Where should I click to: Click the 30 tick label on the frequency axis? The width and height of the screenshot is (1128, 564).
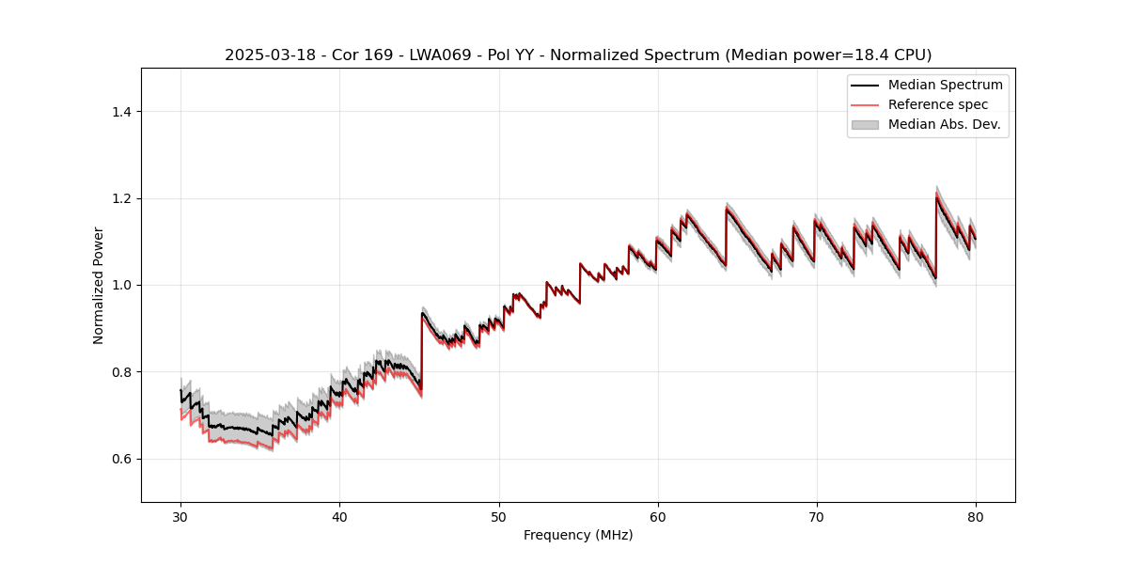coord(180,516)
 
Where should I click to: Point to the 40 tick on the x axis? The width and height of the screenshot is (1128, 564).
coord(339,516)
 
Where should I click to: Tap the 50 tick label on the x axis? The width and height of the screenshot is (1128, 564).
coord(499,516)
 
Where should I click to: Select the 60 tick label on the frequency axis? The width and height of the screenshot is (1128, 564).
coord(658,516)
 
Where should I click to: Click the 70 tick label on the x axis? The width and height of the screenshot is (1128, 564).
coord(817,516)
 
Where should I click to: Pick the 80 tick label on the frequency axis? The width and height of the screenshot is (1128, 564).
coord(976,516)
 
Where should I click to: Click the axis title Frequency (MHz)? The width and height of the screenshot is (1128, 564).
coord(578,535)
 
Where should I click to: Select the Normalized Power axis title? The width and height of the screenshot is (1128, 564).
coord(99,285)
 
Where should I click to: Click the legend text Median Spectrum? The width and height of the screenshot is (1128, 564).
coord(945,85)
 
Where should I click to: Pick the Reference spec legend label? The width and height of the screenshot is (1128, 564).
coord(938,104)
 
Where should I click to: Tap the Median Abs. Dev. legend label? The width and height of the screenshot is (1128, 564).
coord(945,124)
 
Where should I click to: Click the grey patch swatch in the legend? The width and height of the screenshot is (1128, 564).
coord(865,124)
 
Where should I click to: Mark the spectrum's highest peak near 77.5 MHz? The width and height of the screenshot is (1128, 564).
coord(936,195)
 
